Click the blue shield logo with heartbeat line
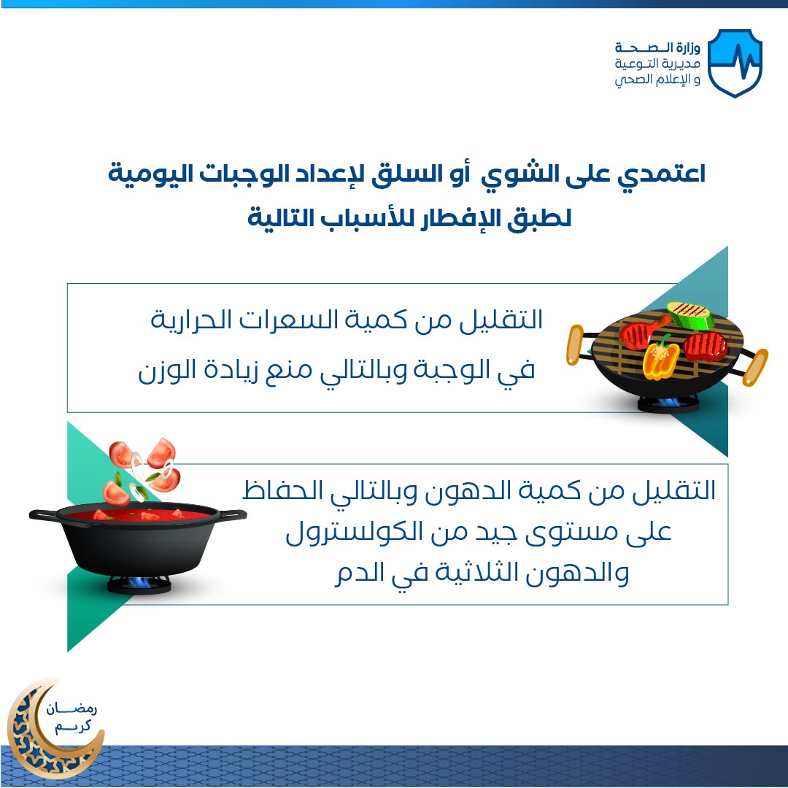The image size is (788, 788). (x=735, y=63)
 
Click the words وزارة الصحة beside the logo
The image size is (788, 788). (x=658, y=48)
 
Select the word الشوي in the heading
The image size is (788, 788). (x=513, y=174)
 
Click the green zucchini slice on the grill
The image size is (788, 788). (x=690, y=314)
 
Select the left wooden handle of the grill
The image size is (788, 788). (x=575, y=344)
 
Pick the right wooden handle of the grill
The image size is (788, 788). (x=755, y=368)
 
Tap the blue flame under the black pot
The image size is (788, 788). (x=139, y=582)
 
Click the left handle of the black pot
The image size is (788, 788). (x=45, y=515)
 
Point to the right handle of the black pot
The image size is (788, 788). (x=231, y=514)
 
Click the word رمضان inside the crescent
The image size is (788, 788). (x=72, y=709)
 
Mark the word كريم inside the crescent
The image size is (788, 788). (x=74, y=727)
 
